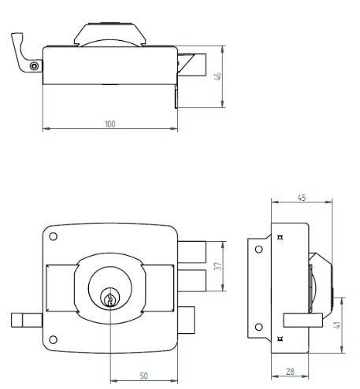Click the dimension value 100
[x=110, y=124]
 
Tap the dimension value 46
[x=218, y=76]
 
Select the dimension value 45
[x=302, y=198]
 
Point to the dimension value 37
[x=218, y=266]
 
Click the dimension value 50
[x=143, y=376]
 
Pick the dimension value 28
[x=290, y=372]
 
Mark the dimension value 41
[x=338, y=324]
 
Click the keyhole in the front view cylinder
[x=110, y=299]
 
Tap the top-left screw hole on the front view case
[x=54, y=236]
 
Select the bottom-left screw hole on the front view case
[x=54, y=339]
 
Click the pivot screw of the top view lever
[x=34, y=66]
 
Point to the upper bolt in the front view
[x=192, y=252]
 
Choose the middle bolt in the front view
[x=192, y=280]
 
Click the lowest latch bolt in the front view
[x=186, y=320]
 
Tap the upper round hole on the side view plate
[x=259, y=249]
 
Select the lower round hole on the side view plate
[x=259, y=327]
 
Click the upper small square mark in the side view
[x=280, y=238]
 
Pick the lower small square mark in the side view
[x=280, y=339]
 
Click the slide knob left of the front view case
[x=27, y=320]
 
